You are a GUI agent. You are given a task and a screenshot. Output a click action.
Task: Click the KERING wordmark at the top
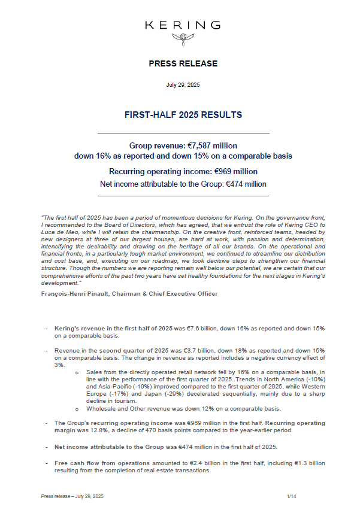point(183,25)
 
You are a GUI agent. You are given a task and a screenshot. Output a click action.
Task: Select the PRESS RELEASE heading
point(183,63)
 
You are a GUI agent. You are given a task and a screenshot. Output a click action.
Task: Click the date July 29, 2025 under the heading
point(183,86)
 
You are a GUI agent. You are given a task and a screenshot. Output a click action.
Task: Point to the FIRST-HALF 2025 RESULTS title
point(183,114)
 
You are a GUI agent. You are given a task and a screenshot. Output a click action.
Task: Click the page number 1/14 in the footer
point(292,496)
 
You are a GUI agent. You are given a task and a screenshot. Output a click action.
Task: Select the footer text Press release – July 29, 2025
point(72,496)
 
